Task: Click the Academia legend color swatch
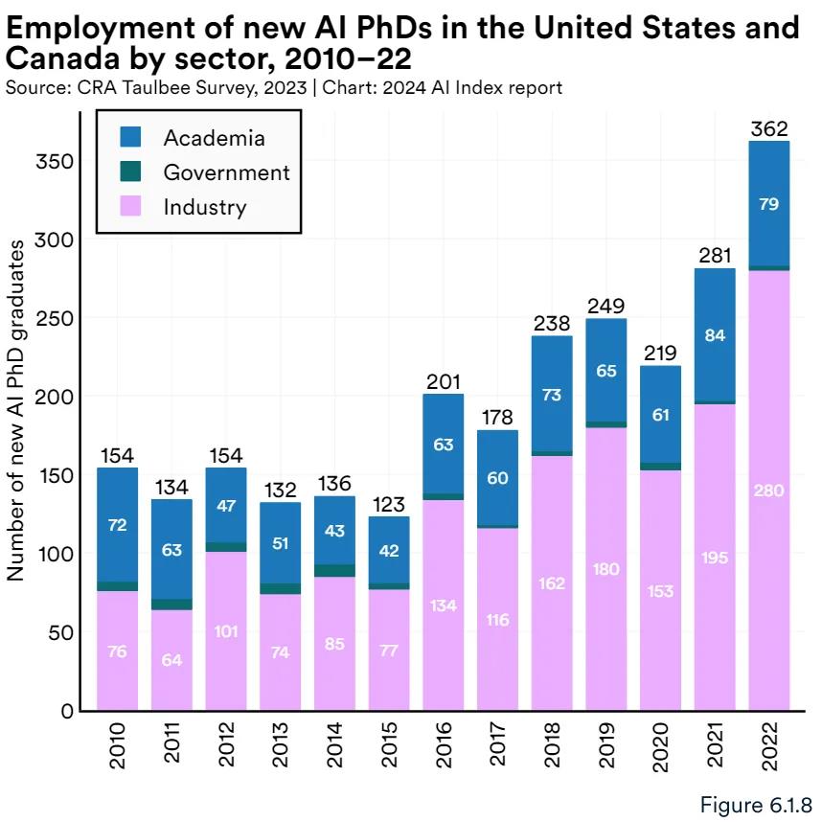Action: coord(131,137)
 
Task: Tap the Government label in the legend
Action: coord(226,172)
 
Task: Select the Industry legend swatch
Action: coord(131,207)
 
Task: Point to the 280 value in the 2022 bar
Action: coord(769,491)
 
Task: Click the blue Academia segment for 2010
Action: coord(117,524)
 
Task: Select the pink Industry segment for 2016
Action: coord(444,605)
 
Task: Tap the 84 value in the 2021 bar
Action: coord(715,335)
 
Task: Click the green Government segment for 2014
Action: coord(334,570)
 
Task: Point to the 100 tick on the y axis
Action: coord(60,554)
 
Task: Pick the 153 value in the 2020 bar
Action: coord(660,592)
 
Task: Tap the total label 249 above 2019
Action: coord(606,307)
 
